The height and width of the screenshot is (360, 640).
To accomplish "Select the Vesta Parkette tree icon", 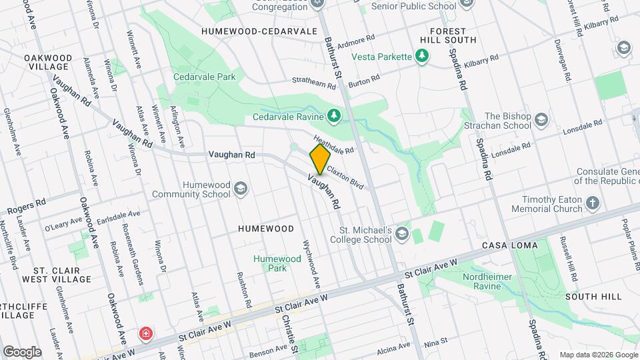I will [421, 57].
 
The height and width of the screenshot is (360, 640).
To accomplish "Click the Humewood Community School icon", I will [239, 189].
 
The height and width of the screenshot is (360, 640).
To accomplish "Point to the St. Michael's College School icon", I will [401, 233].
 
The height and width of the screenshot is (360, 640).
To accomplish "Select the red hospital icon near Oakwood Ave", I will [145, 333].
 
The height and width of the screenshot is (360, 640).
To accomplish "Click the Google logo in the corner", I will [22, 351].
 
